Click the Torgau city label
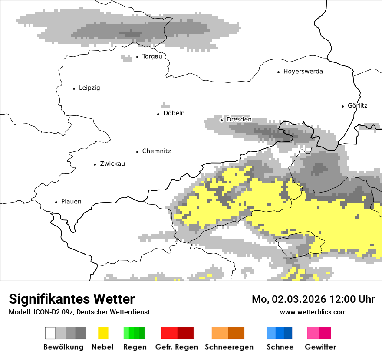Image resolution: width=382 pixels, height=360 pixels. click(152, 56)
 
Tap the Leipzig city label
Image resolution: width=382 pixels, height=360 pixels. click(89, 88)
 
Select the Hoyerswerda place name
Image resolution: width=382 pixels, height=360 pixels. click(303, 72)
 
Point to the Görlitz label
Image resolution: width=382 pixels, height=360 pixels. click(357, 105)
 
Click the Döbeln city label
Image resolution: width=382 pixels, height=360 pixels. click(174, 113)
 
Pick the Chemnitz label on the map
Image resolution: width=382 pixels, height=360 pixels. click(156, 151)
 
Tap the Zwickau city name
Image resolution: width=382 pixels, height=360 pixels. click(112, 164)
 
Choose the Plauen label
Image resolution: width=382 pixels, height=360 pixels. click(71, 202)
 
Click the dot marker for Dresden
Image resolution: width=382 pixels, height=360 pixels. click(221, 120)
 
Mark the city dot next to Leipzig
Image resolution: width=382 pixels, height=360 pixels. click(74, 88)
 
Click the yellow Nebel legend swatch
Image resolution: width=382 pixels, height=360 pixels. click(103, 333)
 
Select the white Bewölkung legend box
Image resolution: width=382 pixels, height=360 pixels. click(50, 333)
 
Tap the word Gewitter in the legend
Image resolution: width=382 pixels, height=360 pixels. click(320, 347)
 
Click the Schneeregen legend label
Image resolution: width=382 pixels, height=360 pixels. click(229, 347)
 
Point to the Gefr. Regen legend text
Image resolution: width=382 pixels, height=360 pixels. click(177, 347)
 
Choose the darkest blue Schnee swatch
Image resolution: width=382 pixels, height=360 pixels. click(288, 333)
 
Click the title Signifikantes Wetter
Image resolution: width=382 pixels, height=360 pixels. click(72, 299)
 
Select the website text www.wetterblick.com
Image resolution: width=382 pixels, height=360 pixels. click(313, 312)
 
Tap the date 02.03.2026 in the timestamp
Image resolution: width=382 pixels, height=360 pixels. click(293, 299)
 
